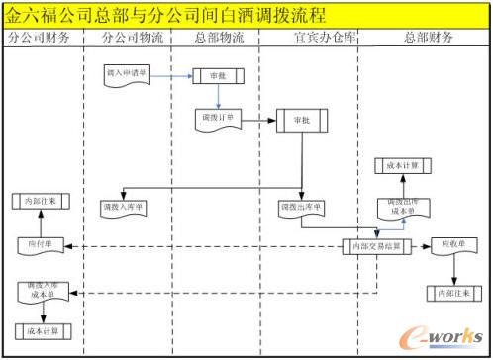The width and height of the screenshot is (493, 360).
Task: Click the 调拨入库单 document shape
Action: (124, 209)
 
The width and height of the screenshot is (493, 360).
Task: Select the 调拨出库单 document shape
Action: (300, 209)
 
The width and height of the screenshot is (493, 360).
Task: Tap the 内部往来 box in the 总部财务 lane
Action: (451, 294)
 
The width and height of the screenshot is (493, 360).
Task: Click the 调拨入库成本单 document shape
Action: (38, 292)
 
